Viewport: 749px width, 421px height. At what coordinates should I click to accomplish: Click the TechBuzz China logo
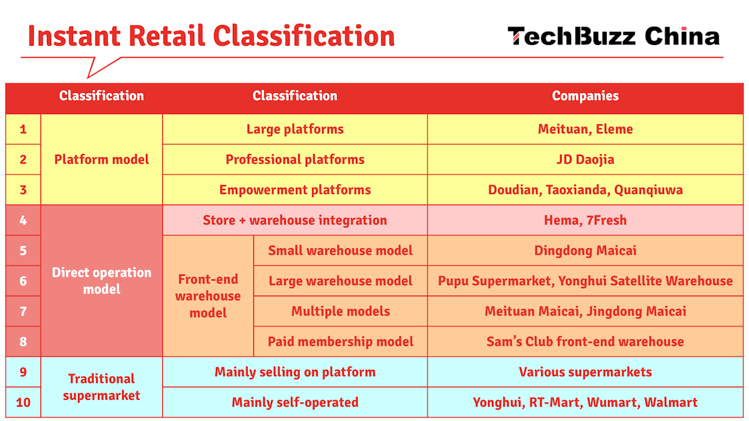[x=614, y=36]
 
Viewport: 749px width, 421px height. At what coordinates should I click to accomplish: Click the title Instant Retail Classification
[x=212, y=36]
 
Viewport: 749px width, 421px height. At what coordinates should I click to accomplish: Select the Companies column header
[x=585, y=96]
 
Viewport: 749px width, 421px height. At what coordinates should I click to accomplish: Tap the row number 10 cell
[x=23, y=402]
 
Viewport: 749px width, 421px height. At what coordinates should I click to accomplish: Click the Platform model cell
[x=102, y=160]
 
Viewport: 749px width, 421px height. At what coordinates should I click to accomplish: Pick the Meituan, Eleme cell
[x=585, y=129]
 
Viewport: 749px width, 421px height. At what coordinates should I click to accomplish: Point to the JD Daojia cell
[x=585, y=160]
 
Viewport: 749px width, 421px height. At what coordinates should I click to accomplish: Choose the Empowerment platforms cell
[x=295, y=190]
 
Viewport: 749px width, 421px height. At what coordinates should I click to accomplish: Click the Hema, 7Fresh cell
[x=585, y=220]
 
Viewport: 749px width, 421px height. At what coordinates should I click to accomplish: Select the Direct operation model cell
[x=102, y=281]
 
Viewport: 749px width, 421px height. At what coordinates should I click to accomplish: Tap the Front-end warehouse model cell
[x=208, y=296]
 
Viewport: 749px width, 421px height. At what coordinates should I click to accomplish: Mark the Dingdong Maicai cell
[x=585, y=251]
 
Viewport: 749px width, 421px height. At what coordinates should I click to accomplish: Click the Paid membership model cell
[x=340, y=342]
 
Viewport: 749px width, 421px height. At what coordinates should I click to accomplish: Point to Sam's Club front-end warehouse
[x=585, y=342]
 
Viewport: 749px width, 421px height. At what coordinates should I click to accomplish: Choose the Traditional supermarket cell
[x=102, y=387]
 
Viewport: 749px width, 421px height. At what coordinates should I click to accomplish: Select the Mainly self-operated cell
[x=295, y=402]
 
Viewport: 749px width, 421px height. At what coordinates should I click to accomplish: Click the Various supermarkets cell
[x=585, y=372]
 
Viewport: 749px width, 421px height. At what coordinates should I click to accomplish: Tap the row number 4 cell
[x=23, y=220]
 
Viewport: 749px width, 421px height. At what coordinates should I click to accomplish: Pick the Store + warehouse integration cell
[x=295, y=220]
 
